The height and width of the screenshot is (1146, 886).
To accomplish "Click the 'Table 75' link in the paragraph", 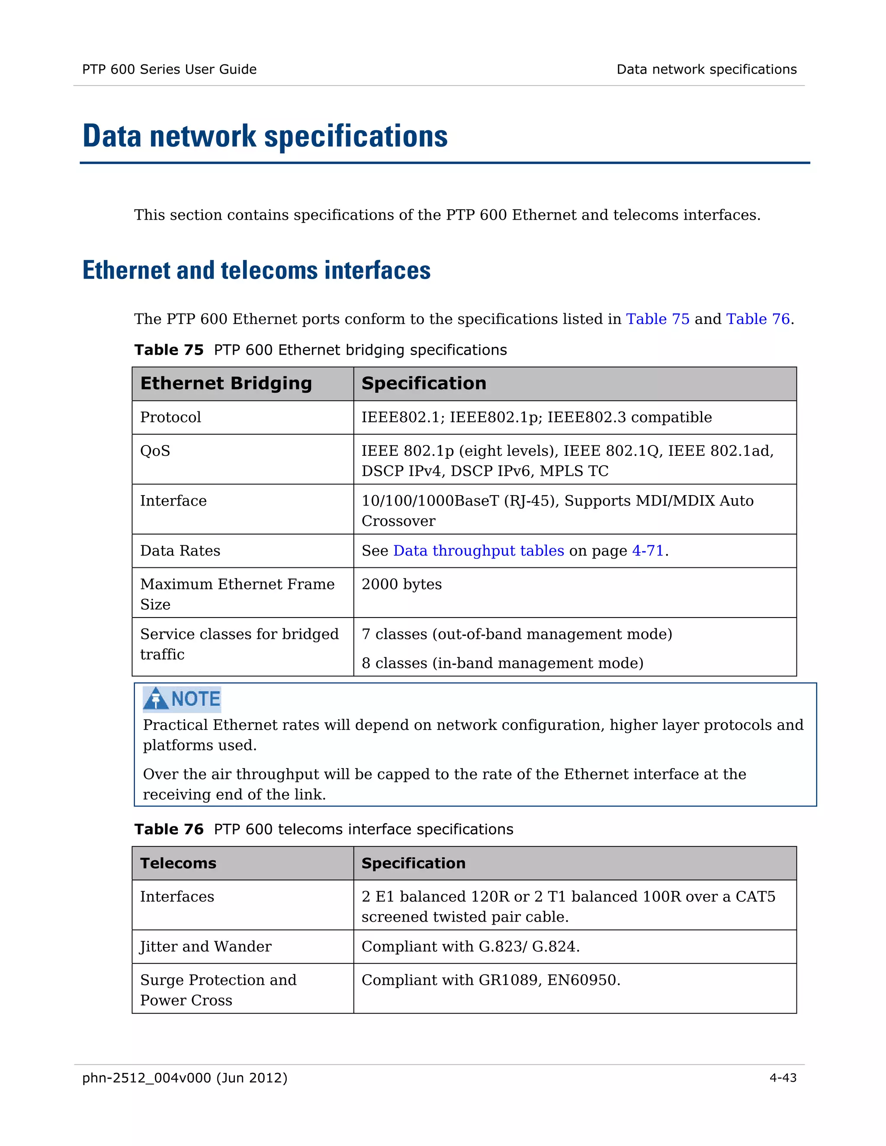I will (657, 319).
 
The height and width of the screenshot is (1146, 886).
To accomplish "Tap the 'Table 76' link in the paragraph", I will (758, 319).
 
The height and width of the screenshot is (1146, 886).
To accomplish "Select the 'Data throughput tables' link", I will (478, 551).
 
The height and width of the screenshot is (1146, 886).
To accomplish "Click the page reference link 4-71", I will (648, 551).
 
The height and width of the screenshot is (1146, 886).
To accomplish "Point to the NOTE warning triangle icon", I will (156, 699).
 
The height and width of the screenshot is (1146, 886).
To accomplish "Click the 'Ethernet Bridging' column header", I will (226, 384).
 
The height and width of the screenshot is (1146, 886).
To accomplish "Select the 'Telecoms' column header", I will (178, 863).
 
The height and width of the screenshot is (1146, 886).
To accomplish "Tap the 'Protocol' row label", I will (170, 417).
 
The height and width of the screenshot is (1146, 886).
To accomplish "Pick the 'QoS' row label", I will (155, 451).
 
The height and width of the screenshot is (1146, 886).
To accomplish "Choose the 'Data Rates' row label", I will (180, 551).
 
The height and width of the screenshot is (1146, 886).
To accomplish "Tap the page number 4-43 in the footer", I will (783, 1078).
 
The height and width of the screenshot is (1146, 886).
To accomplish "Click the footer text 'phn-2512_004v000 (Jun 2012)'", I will (185, 1078).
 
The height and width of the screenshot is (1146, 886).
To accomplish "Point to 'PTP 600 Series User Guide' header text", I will (169, 69).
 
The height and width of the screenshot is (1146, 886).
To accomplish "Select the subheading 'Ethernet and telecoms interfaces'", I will (256, 271).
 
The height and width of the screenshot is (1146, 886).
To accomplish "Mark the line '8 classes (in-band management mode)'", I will (502, 663).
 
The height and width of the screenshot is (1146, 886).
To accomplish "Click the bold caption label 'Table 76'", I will (168, 829).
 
